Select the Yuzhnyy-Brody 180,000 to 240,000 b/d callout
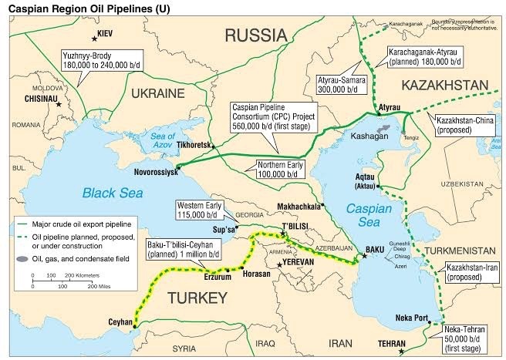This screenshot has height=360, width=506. pyautogui.click(x=103, y=60)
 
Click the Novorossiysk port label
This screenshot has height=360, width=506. pyautogui.click(x=147, y=173)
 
